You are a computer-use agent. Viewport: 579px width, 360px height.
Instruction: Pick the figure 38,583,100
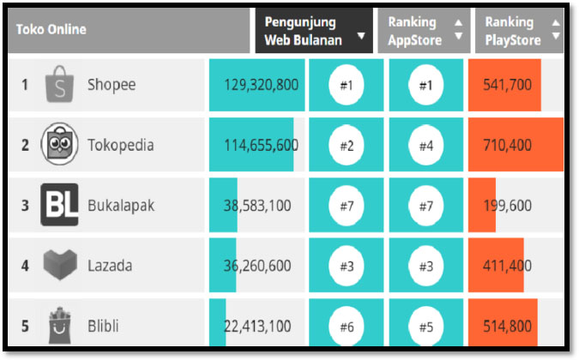(256, 206)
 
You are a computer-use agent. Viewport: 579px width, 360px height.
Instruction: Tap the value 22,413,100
(256, 326)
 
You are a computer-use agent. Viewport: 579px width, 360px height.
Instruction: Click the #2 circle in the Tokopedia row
(347, 146)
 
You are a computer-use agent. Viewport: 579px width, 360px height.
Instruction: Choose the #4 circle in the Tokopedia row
(425, 146)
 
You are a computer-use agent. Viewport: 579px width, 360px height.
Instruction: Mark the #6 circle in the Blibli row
(347, 326)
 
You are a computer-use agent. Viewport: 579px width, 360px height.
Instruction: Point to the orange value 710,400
(507, 146)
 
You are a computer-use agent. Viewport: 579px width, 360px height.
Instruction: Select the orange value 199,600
(507, 206)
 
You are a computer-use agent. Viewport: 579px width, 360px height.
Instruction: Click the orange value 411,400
(507, 266)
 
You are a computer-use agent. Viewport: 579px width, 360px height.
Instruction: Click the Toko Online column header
(51, 30)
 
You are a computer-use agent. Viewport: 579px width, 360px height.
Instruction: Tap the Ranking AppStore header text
(415, 31)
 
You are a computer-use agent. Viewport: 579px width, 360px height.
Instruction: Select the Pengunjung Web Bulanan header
(303, 31)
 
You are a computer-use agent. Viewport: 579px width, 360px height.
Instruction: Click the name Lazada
(110, 266)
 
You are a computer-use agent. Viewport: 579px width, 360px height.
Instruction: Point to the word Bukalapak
(121, 206)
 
